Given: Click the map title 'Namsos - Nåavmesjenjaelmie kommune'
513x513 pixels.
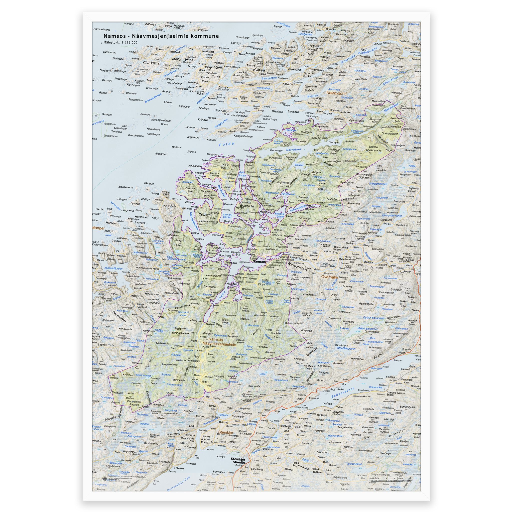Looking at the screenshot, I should click(161, 36).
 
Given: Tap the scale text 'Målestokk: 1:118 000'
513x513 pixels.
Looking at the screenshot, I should click(120, 43).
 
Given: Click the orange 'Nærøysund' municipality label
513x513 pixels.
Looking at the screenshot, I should click(336, 93).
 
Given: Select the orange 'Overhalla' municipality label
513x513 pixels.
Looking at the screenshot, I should click(329, 277).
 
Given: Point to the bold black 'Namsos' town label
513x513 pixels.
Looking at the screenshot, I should click(259, 262).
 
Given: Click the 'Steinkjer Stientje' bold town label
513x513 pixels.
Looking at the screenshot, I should click(238, 461).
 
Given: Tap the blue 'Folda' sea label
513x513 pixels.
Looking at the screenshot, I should click(226, 144).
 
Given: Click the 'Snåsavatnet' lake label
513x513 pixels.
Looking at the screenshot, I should click(342, 393).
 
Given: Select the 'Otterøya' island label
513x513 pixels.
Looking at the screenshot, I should click(204, 215).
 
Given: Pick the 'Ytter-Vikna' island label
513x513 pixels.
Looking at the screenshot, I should click(151, 63).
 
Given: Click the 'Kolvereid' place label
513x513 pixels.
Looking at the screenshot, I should click(288, 84).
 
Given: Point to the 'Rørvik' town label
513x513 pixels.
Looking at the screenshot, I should click(216, 76).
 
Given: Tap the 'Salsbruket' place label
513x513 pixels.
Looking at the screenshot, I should click(345, 112).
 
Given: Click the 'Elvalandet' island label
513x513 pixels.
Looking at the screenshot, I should click(247, 206).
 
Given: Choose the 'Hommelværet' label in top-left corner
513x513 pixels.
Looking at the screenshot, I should click(102, 30).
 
